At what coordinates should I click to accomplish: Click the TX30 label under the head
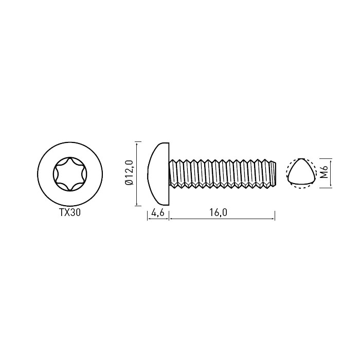(70, 212)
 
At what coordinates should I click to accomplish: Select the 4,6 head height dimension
(158, 213)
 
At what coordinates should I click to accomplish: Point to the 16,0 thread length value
(218, 213)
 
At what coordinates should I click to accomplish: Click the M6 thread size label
(324, 172)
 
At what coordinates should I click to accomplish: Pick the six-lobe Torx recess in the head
(70, 174)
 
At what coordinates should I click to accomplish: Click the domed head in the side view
(158, 174)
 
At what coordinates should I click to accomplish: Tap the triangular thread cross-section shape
(300, 172)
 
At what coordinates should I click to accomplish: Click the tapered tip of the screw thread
(273, 174)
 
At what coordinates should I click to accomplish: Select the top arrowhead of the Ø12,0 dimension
(137, 143)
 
